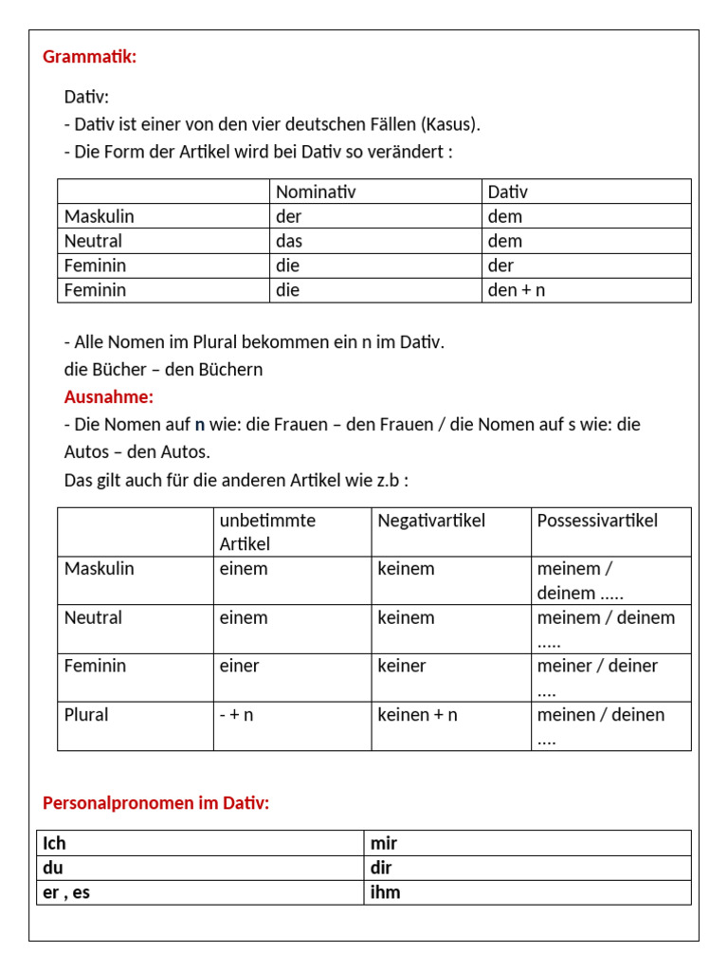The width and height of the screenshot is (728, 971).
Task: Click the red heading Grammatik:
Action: [x=90, y=57]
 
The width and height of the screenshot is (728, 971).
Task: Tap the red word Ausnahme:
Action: [x=108, y=396]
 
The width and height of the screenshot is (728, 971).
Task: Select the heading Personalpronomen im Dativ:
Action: [x=156, y=803]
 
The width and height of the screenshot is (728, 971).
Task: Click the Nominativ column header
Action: [x=316, y=192]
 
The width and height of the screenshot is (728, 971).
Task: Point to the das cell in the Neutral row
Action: [x=288, y=241]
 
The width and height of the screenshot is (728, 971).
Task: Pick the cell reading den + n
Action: [x=517, y=290]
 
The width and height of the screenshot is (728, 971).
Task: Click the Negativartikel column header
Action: [x=431, y=521]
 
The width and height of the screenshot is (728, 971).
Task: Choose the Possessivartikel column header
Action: [x=597, y=521]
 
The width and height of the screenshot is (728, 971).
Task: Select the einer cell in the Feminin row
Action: [x=239, y=666]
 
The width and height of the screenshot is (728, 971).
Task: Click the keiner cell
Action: [x=402, y=666]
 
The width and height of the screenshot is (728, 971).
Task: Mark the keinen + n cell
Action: [x=417, y=715]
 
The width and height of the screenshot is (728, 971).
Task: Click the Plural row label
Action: [x=86, y=715]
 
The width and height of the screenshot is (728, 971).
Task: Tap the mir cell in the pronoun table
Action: [x=384, y=843]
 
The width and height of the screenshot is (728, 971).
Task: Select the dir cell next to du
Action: [x=381, y=868]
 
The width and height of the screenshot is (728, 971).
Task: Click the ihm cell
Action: [x=385, y=892]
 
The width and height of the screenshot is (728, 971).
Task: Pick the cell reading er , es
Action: [x=66, y=892]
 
